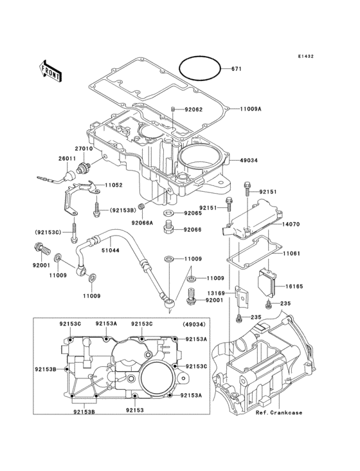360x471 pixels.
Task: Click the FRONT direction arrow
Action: point(50,71)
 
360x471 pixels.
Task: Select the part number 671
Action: point(236,69)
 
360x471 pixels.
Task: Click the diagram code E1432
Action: point(306,56)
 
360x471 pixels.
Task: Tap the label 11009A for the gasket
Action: point(251,109)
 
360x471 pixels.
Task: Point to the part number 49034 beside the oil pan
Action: point(249,160)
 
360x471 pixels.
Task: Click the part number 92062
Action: point(194,109)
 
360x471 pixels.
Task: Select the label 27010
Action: point(84,149)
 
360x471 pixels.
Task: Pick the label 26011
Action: point(67,158)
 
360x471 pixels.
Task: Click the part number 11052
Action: point(114,185)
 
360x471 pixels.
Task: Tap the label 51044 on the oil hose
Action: point(110,250)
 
